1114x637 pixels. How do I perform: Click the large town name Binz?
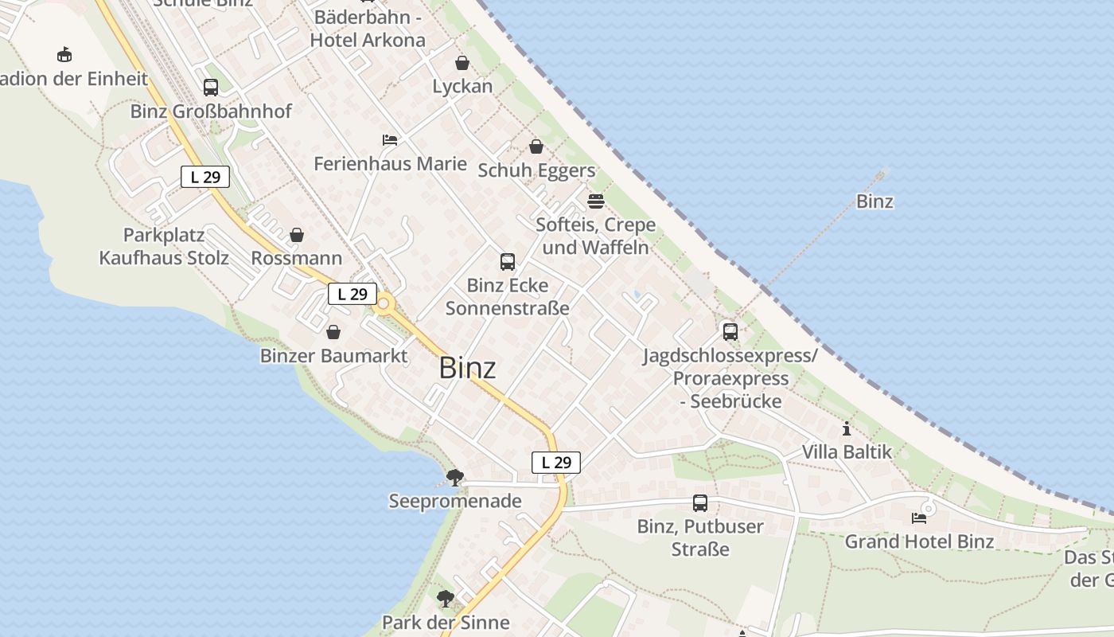point(467,368)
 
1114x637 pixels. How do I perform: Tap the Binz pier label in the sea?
point(874,201)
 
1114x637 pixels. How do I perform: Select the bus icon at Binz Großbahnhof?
point(211,88)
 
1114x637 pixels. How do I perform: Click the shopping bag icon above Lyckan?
point(462,63)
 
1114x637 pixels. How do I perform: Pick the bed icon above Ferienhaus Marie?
point(390,140)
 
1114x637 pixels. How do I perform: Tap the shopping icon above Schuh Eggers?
point(536,147)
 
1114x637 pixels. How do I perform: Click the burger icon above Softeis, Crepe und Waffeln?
point(596,201)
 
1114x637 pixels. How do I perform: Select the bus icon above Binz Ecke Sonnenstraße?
point(507,261)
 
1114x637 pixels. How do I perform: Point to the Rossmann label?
point(297,258)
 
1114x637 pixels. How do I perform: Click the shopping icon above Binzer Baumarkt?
point(333,332)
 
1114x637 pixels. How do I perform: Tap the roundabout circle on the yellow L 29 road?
point(385,303)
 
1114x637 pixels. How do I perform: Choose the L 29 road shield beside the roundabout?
point(353,294)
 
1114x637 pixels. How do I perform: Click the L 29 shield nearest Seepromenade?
point(556,462)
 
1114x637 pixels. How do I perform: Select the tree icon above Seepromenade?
point(455,478)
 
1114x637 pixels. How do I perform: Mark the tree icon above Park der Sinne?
point(446,599)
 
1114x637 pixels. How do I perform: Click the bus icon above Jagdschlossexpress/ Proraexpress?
point(730,331)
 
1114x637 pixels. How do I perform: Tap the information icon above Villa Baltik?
point(847,429)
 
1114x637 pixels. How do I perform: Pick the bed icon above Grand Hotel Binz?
point(919,518)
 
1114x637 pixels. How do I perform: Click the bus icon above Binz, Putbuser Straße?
point(700,503)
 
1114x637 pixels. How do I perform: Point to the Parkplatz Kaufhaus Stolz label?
point(164,247)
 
